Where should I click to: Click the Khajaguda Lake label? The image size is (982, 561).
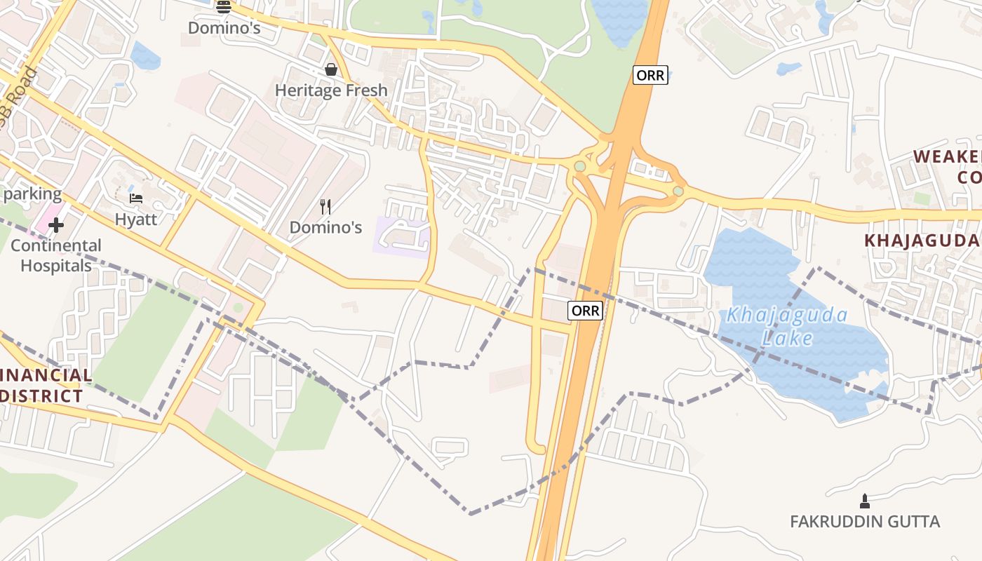pos(786,327)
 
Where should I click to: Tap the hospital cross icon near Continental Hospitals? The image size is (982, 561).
pos(56,225)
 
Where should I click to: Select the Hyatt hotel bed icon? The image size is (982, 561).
pos(136,198)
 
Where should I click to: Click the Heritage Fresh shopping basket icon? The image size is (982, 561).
pos(330,69)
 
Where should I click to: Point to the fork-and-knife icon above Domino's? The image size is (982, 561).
pos(325,206)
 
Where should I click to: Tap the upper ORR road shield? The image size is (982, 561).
pos(650,75)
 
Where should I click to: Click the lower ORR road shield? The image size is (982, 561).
pos(585,311)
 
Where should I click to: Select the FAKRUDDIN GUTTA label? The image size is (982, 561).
pos(864,522)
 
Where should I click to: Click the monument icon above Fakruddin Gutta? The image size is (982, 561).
pos(864,501)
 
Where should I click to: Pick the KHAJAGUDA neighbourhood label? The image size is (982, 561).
pos(921,241)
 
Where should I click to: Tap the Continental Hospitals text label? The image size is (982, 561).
pos(56,255)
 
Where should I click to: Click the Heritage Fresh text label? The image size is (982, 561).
pos(330,90)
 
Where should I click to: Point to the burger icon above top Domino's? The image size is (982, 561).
pos(224,7)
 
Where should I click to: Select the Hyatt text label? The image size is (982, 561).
pos(136,219)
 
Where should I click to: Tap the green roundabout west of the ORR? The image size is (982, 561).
pos(579,166)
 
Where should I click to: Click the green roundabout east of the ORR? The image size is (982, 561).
pos(678,191)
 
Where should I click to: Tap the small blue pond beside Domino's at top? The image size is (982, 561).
pos(145,56)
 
